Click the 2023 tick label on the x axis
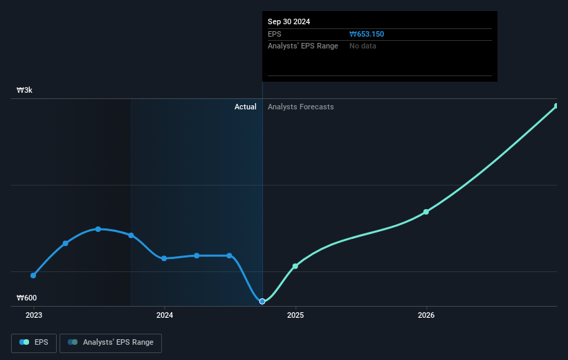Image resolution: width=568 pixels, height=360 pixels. click(33, 315)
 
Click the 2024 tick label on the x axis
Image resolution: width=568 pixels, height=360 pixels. click(165, 315)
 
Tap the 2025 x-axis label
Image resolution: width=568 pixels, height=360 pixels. click(295, 315)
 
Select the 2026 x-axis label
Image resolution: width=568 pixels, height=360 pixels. click(426, 315)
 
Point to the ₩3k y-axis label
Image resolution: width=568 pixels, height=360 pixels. click(25, 91)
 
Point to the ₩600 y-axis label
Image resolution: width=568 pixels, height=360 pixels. click(27, 298)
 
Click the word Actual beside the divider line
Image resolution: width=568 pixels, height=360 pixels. click(245, 107)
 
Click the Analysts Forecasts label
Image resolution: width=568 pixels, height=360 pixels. click(300, 107)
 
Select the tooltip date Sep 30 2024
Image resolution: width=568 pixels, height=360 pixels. click(289, 21)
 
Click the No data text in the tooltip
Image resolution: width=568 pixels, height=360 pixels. click(363, 46)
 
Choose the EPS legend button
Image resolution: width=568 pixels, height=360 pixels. click(34, 342)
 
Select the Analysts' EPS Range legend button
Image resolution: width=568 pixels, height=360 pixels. click(111, 342)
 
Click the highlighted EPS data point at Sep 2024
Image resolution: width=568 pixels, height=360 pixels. click(262, 301)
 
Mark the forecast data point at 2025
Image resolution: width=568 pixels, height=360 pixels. click(295, 266)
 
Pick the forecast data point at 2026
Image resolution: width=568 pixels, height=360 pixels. click(426, 212)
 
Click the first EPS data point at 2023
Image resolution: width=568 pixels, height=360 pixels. click(33, 276)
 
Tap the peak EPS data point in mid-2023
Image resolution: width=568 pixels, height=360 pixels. click(98, 229)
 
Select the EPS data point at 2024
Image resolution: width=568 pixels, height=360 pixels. click(164, 258)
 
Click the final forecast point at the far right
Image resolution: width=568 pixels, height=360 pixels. click(556, 106)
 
